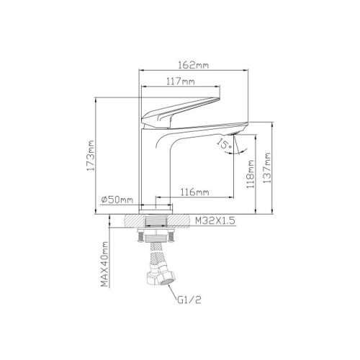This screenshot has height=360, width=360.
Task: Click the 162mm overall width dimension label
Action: (x=194, y=65)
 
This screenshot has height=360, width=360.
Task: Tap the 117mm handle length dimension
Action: (x=181, y=81)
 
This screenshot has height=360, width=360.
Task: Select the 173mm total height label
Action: (x=91, y=156)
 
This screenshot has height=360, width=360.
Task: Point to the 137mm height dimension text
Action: (x=267, y=168)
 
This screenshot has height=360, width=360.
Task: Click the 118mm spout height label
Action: (x=251, y=174)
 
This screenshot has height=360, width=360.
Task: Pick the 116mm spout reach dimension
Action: (x=194, y=192)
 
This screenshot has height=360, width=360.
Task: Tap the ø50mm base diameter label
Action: (x=117, y=199)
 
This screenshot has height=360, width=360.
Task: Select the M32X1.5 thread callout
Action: (x=215, y=220)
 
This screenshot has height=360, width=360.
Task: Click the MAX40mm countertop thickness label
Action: (x=104, y=264)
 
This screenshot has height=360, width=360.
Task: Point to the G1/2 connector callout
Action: (x=189, y=300)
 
